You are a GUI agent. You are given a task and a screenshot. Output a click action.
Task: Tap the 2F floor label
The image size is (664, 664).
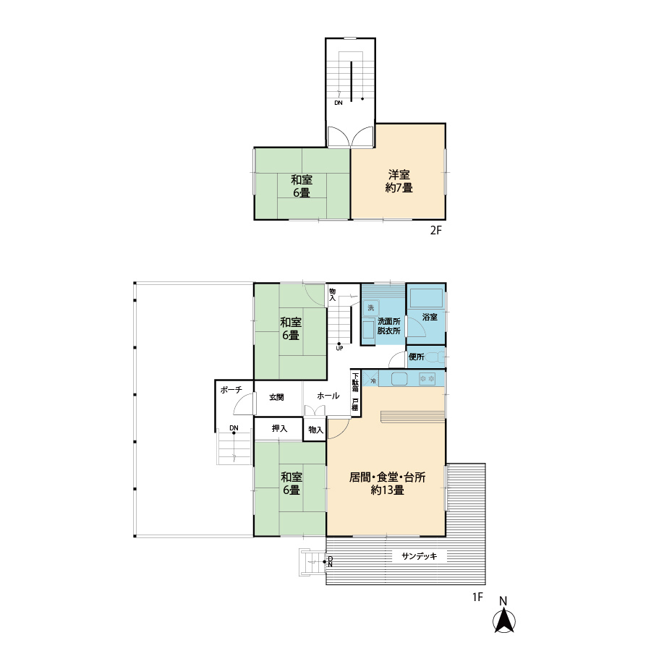(435, 231)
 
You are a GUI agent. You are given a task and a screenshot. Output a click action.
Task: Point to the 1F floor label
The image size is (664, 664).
(477, 597)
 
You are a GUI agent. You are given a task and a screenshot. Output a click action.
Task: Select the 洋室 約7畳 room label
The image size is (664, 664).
(399, 181)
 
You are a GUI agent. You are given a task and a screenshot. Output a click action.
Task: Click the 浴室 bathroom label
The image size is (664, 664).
(430, 317)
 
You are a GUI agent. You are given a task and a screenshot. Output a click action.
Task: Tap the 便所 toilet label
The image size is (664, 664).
(417, 357)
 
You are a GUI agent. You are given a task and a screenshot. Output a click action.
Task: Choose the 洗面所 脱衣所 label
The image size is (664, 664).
(388, 326)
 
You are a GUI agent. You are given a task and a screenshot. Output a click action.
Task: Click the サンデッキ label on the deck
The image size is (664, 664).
(420, 556)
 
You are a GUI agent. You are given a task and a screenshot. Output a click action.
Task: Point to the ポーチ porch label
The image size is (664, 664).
(231, 390)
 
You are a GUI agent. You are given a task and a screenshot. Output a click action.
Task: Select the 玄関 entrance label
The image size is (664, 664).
(276, 397)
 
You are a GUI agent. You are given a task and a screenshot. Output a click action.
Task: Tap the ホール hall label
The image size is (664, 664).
(328, 396)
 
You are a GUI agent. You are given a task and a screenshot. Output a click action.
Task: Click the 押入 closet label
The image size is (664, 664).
(279, 428)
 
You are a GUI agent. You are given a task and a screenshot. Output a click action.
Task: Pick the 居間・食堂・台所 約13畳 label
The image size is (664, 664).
(387, 484)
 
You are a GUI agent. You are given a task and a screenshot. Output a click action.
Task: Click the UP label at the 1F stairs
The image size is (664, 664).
(339, 349)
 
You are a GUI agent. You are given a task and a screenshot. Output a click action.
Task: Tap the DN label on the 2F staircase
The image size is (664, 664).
(339, 103)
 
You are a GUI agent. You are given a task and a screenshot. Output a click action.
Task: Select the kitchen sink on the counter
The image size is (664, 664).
(399, 378)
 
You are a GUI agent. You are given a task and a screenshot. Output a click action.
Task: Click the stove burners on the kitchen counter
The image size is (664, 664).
(427, 378)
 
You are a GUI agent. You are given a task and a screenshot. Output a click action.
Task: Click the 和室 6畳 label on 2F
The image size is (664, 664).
(302, 186)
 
